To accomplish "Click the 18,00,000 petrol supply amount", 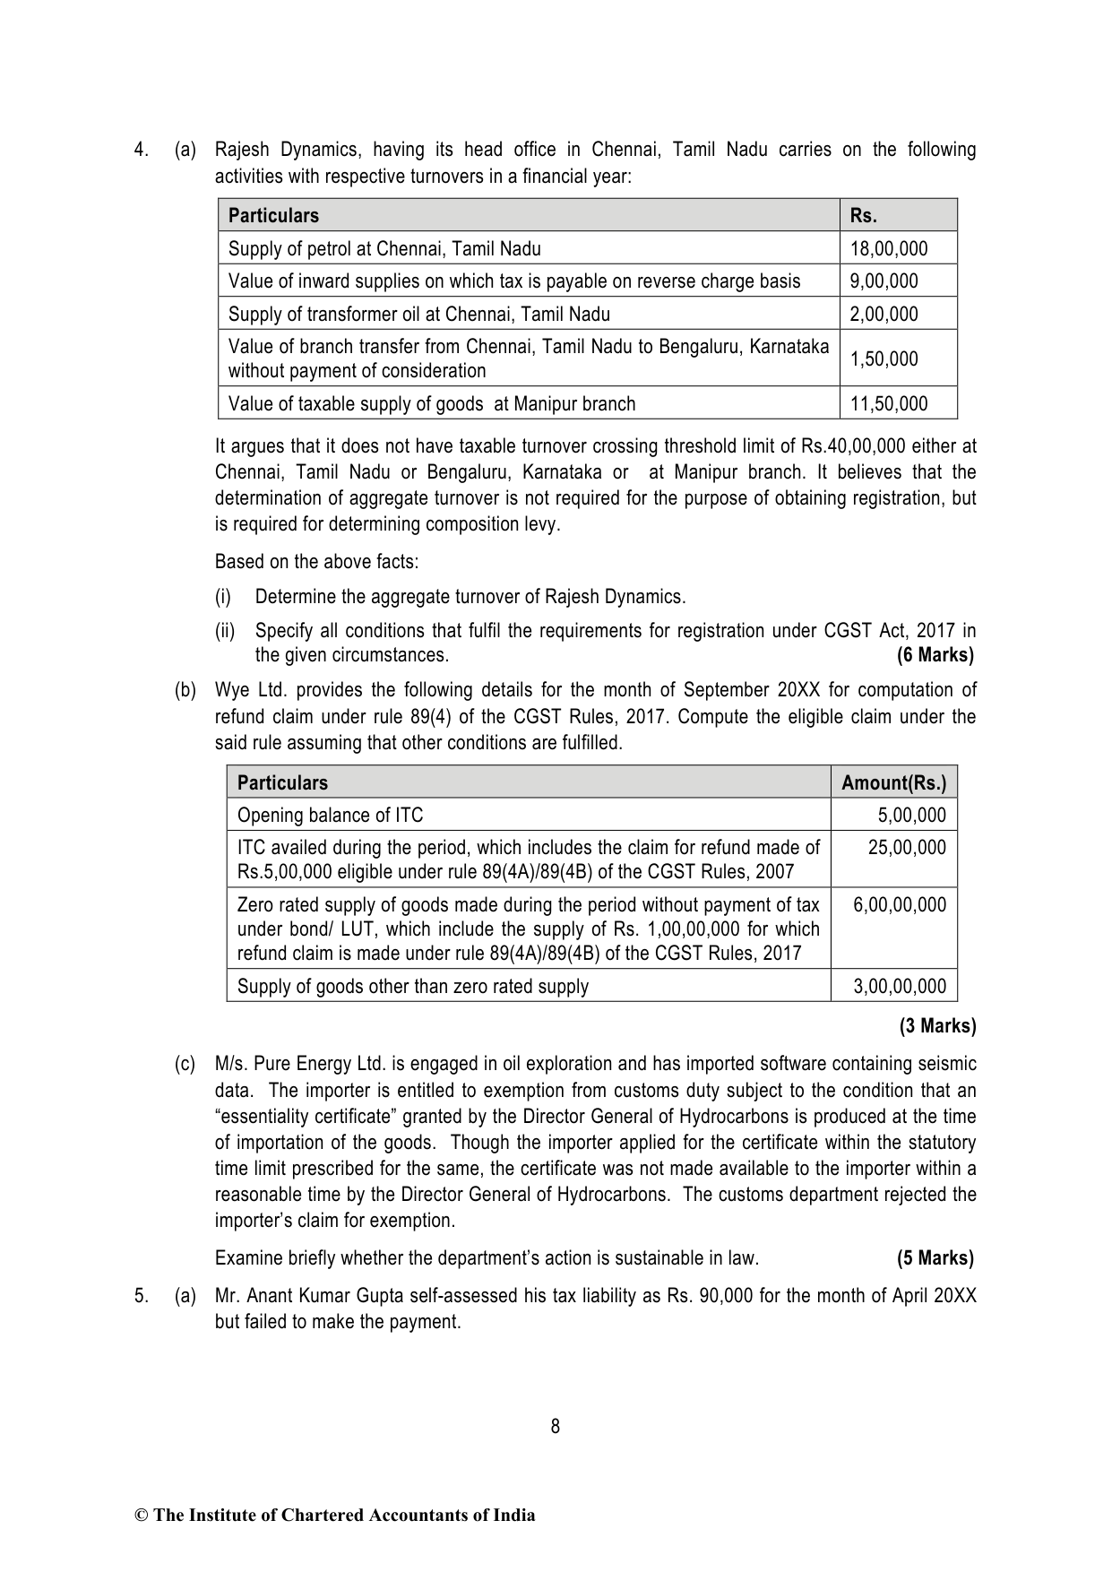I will (x=888, y=248).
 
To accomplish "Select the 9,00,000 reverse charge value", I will (x=884, y=281).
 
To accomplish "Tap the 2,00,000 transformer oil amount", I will (x=884, y=315).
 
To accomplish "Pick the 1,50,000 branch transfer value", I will (x=884, y=358).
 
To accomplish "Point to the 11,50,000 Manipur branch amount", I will (x=888, y=403).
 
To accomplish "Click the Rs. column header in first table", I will (x=863, y=215).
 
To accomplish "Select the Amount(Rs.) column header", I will (x=893, y=782).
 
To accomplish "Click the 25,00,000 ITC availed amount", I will (x=907, y=847).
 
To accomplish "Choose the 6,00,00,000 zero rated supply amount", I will (x=899, y=904).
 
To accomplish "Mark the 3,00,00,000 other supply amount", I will (x=899, y=986).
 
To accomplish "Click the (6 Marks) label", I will (x=935, y=655).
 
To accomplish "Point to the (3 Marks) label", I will (x=937, y=1025).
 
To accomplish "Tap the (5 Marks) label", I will (x=935, y=1257).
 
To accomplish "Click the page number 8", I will (x=556, y=1426).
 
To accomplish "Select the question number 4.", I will (x=140, y=150).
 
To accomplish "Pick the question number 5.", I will (x=140, y=1295).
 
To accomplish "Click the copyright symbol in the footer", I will (x=141, y=1516).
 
